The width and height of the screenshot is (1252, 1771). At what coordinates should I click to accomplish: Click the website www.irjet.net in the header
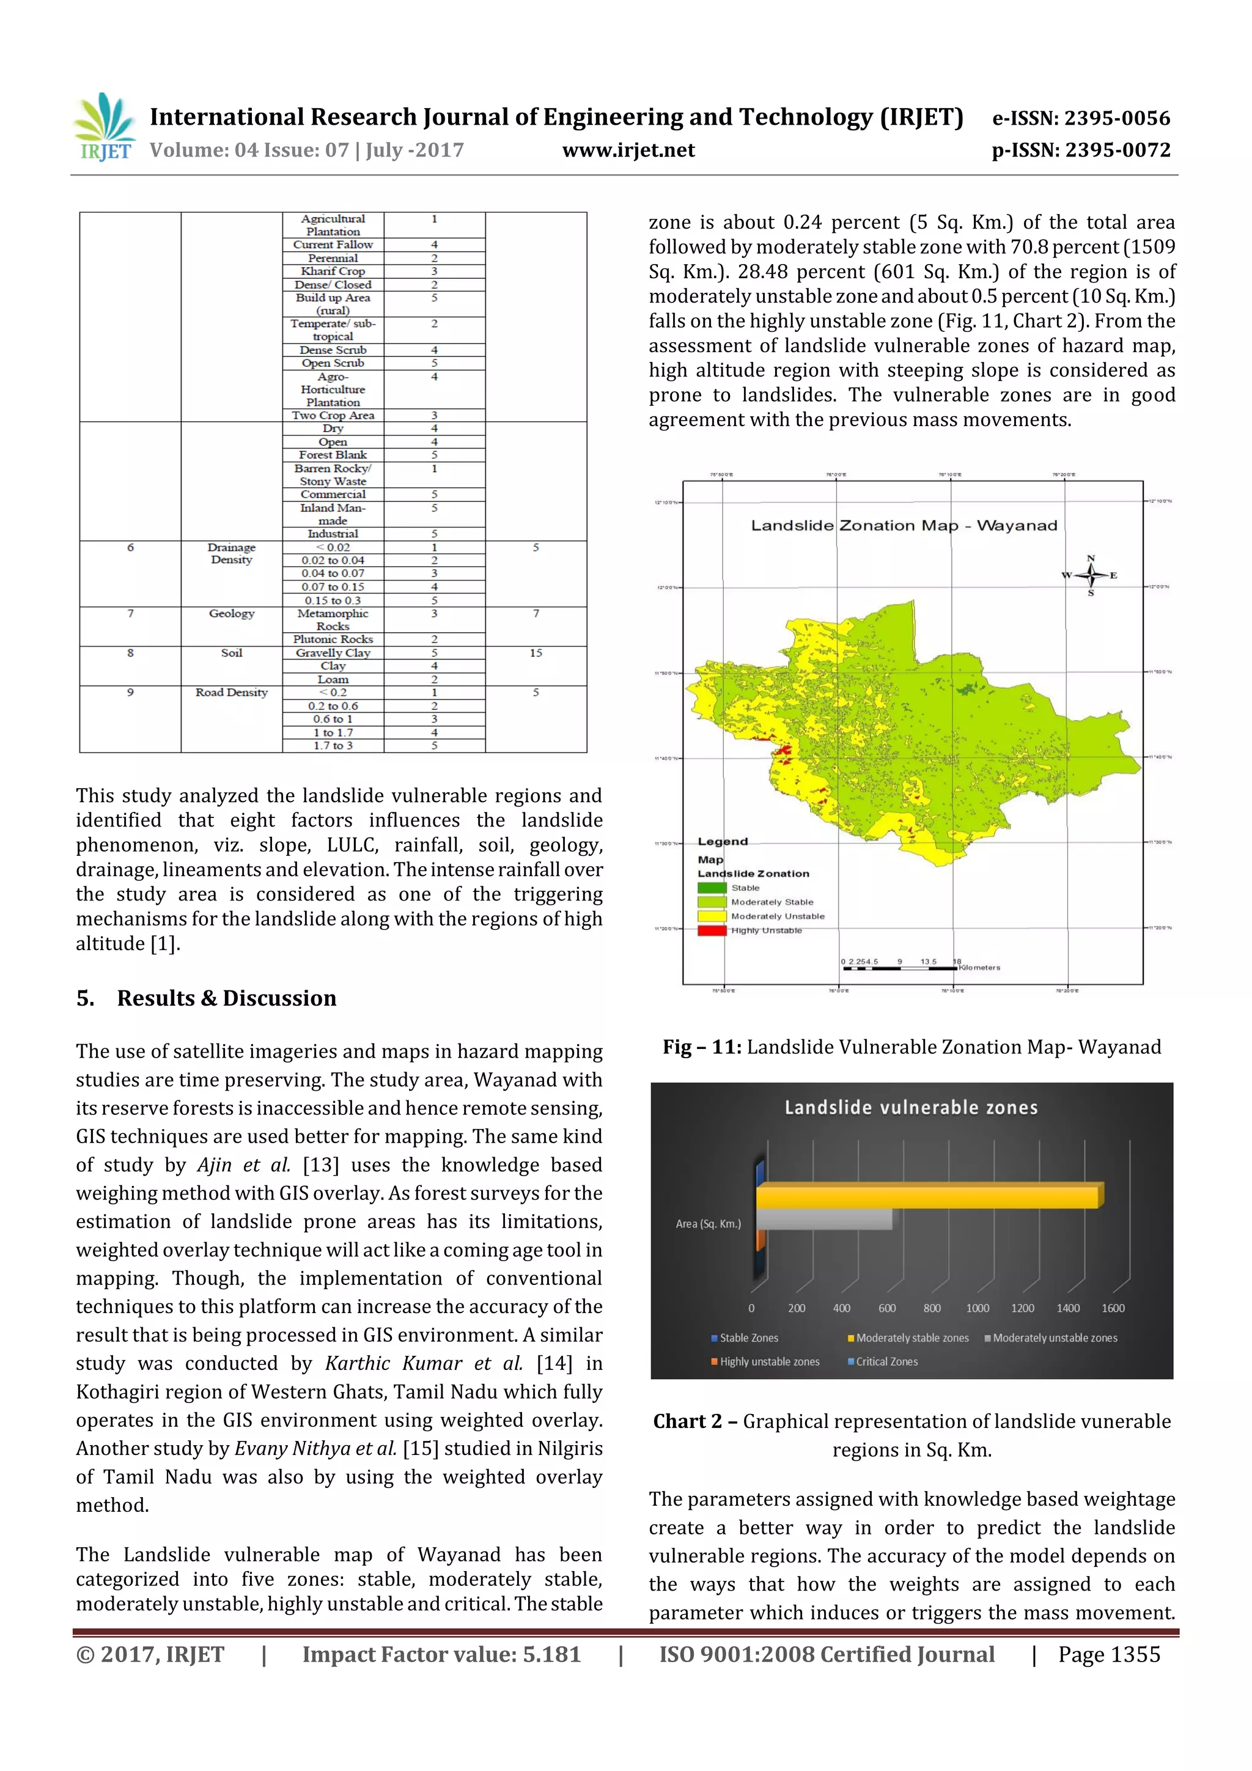tap(628, 150)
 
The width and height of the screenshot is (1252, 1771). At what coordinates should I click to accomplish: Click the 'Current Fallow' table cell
tap(333, 245)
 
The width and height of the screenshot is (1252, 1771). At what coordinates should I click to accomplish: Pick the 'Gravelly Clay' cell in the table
tap(333, 652)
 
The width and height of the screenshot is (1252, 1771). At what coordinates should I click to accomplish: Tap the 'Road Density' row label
tap(232, 693)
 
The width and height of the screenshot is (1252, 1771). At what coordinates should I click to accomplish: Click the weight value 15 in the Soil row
tap(536, 652)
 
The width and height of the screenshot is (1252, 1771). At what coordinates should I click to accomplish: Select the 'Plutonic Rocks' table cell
tap(333, 639)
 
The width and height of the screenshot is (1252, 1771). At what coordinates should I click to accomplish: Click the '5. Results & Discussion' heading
tap(206, 998)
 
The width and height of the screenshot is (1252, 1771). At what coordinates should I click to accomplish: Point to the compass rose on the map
tap(1090, 575)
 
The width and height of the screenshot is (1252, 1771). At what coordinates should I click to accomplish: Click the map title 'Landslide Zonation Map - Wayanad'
tap(904, 525)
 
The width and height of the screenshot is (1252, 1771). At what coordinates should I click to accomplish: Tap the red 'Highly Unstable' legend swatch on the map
tap(711, 930)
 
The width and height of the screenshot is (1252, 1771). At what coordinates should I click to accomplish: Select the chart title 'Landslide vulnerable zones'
tap(911, 1108)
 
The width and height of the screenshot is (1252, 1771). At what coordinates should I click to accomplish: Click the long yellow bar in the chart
tap(926, 1197)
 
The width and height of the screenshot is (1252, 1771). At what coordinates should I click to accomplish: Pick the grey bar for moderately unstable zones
tap(824, 1220)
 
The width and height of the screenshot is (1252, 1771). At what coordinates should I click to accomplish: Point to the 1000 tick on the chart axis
tap(978, 1308)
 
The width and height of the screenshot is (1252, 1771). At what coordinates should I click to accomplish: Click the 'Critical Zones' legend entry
tap(886, 1361)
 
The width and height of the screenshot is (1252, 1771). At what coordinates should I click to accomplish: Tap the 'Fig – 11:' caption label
tap(701, 1047)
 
